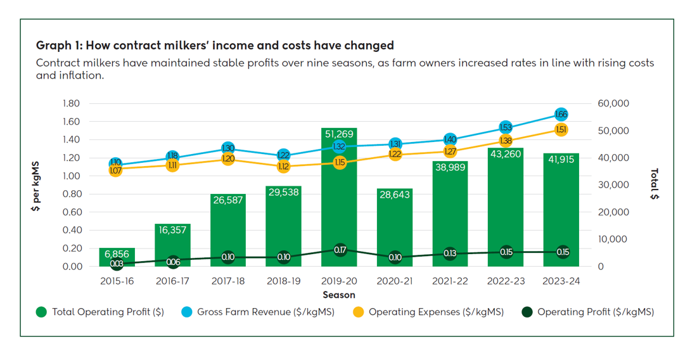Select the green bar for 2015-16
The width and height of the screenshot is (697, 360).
pyautogui.click(x=117, y=257)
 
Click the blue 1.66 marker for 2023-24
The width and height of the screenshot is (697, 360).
pyautogui.click(x=561, y=115)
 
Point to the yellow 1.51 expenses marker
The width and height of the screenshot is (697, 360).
pyautogui.click(x=561, y=129)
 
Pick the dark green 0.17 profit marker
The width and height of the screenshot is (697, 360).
pyautogui.click(x=340, y=250)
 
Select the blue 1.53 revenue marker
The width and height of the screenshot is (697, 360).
pyautogui.click(x=506, y=127)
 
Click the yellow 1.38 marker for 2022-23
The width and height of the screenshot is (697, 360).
pyautogui.click(x=506, y=141)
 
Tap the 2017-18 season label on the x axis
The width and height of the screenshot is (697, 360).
pyautogui.click(x=228, y=281)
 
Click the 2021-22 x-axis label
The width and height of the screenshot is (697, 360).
pyautogui.click(x=450, y=281)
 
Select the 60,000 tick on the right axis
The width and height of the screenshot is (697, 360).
pyautogui.click(x=613, y=103)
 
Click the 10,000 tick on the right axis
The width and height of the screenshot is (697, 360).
pyautogui.click(x=613, y=239)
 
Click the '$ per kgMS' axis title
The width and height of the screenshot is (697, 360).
pyautogui.click(x=37, y=185)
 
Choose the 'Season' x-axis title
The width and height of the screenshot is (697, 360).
pyautogui.click(x=339, y=295)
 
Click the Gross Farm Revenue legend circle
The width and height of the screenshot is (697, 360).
pyautogui.click(x=187, y=312)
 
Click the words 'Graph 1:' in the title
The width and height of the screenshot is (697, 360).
pyautogui.click(x=59, y=45)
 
